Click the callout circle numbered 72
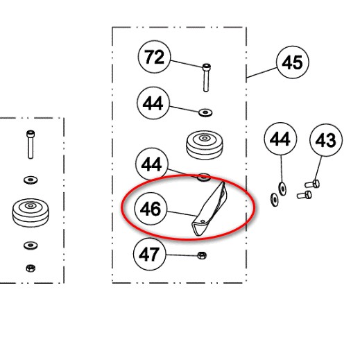click(154, 57)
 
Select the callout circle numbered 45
click(293, 62)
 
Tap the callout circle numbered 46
click(151, 209)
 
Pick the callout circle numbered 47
click(150, 254)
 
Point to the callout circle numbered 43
click(326, 140)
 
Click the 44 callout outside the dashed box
click(280, 139)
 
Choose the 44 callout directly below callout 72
click(153, 103)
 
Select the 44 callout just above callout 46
click(152, 164)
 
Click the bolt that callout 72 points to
click(206, 78)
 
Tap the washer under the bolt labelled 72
click(205, 112)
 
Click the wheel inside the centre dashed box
click(205, 145)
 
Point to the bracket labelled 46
click(209, 210)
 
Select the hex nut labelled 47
click(202, 255)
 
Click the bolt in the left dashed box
click(31, 144)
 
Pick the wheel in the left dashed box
click(31, 213)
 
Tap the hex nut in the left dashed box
click(31, 268)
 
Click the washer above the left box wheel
click(31, 180)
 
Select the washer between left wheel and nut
click(31, 245)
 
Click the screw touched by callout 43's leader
click(312, 185)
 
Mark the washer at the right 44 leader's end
click(282, 189)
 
